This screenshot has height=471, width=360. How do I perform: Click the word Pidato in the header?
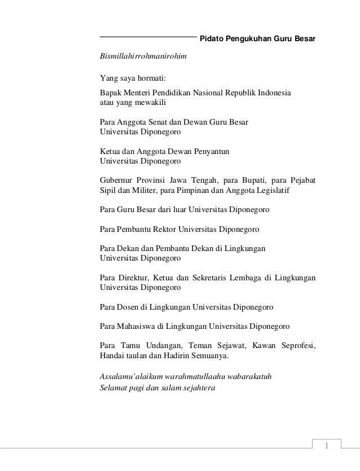point(212,39)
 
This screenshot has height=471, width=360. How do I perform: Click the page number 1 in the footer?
point(326,448)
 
